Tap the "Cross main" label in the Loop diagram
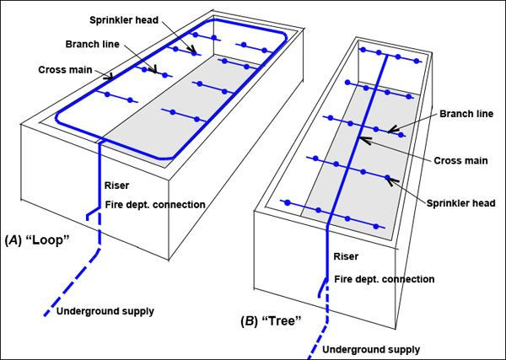[x=64, y=70]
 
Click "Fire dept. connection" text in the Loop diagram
[x=155, y=204]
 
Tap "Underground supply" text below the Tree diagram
[x=371, y=348]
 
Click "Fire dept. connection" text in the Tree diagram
[x=386, y=279]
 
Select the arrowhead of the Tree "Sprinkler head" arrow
[x=388, y=178]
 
